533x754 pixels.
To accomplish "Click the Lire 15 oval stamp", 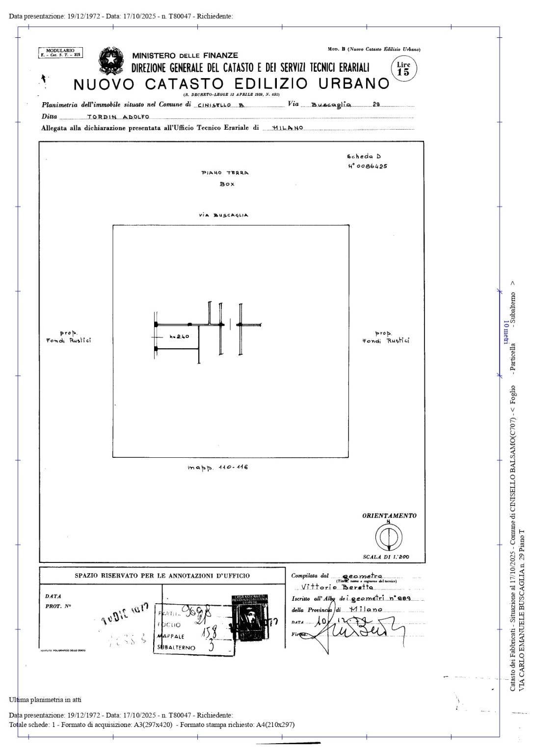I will coord(403,68).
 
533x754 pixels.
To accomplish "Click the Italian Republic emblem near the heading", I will coord(111,61).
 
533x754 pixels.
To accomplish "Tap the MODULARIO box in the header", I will coord(60,53).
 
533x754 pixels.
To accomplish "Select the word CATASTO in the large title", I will coord(184,84).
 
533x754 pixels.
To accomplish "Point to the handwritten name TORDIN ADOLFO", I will coord(118,117).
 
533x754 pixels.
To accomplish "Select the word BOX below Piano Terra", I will coord(227,184).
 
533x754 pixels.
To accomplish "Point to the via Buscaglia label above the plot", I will coord(223,215).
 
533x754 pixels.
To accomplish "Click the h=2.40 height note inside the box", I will coord(179,336).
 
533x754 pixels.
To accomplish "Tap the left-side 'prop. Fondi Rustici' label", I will coord(68,337).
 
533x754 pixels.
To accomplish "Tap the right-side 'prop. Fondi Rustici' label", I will coord(385,337).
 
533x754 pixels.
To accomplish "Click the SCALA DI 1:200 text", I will coord(386,557).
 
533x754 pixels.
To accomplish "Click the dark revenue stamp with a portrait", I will coord(250,617).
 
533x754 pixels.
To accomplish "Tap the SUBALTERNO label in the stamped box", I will coord(176,648).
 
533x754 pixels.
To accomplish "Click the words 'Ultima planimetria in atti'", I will coord(45,699).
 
